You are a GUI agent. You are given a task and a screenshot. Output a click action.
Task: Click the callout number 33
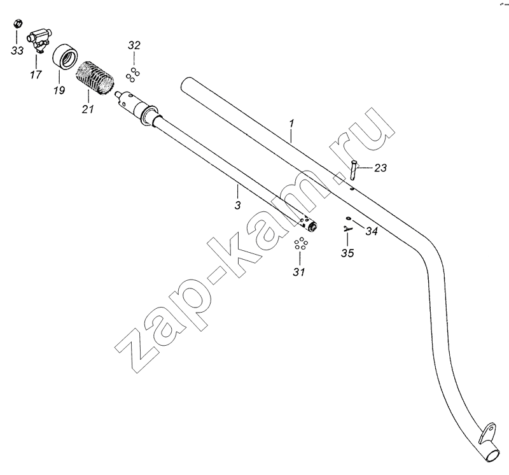[x=18, y=50]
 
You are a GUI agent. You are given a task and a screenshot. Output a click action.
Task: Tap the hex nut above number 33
[x=17, y=24]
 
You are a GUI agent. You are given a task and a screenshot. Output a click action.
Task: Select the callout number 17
[x=36, y=74]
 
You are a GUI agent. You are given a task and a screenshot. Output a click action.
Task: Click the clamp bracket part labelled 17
[x=39, y=39]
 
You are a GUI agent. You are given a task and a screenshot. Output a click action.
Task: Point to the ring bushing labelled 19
[x=66, y=56]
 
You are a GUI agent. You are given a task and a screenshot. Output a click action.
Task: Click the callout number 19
[x=59, y=90]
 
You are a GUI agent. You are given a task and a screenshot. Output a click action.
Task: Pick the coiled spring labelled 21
[x=94, y=78]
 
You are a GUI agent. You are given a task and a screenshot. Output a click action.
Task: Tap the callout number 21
[x=88, y=109]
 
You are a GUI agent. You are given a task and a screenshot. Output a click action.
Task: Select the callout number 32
[x=134, y=45]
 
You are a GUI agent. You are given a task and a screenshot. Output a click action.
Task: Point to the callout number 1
[x=291, y=124]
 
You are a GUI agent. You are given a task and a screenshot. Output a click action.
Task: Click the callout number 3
[x=237, y=205]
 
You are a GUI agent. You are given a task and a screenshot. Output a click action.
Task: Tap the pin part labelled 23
[x=353, y=169]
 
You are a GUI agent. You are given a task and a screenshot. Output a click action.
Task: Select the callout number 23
[x=380, y=168]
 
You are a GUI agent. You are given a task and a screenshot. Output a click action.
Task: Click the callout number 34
[x=372, y=231]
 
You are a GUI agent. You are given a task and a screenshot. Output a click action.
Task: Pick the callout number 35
[x=347, y=253]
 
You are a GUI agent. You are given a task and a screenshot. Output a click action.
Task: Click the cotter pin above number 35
[x=347, y=229]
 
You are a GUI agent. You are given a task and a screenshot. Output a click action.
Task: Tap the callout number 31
[x=299, y=272]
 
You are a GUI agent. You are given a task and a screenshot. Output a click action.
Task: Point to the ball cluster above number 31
[x=301, y=244]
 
